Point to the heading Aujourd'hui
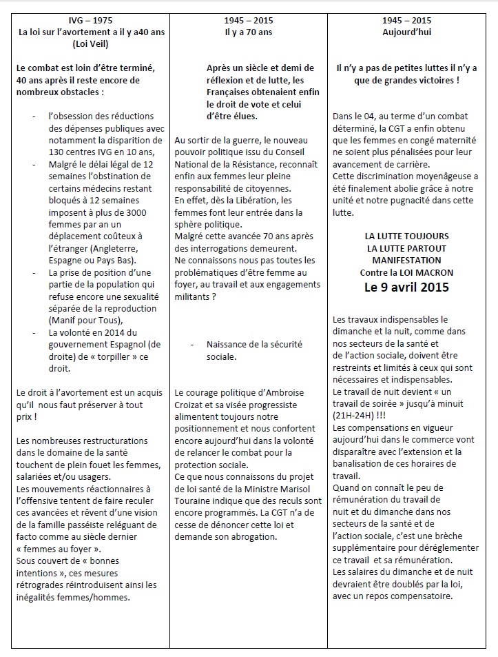[x=412, y=32]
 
